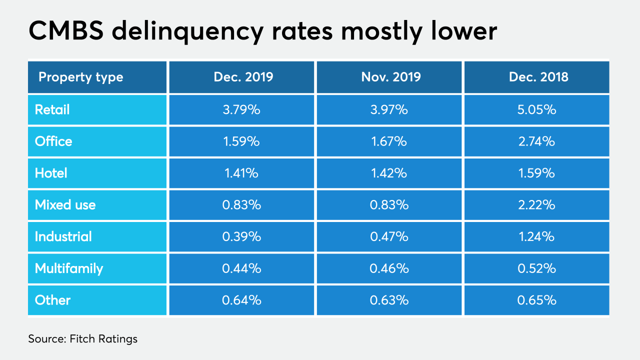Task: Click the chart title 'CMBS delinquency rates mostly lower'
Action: coord(262,31)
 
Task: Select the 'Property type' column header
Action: coord(80,77)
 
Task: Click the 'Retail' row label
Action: coord(52,109)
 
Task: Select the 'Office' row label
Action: coord(53,141)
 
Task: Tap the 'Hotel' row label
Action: coord(51,173)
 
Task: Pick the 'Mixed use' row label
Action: coord(65,205)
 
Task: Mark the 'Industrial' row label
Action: coord(63,236)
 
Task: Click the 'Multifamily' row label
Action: coord(69,268)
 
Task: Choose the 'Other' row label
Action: coord(52,300)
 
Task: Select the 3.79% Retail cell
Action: coord(241,109)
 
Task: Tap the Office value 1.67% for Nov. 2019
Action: coord(389,141)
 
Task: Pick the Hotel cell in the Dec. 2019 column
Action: coord(241,173)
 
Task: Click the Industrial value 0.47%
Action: coord(389,236)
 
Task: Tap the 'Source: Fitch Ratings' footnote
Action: coord(82,339)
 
